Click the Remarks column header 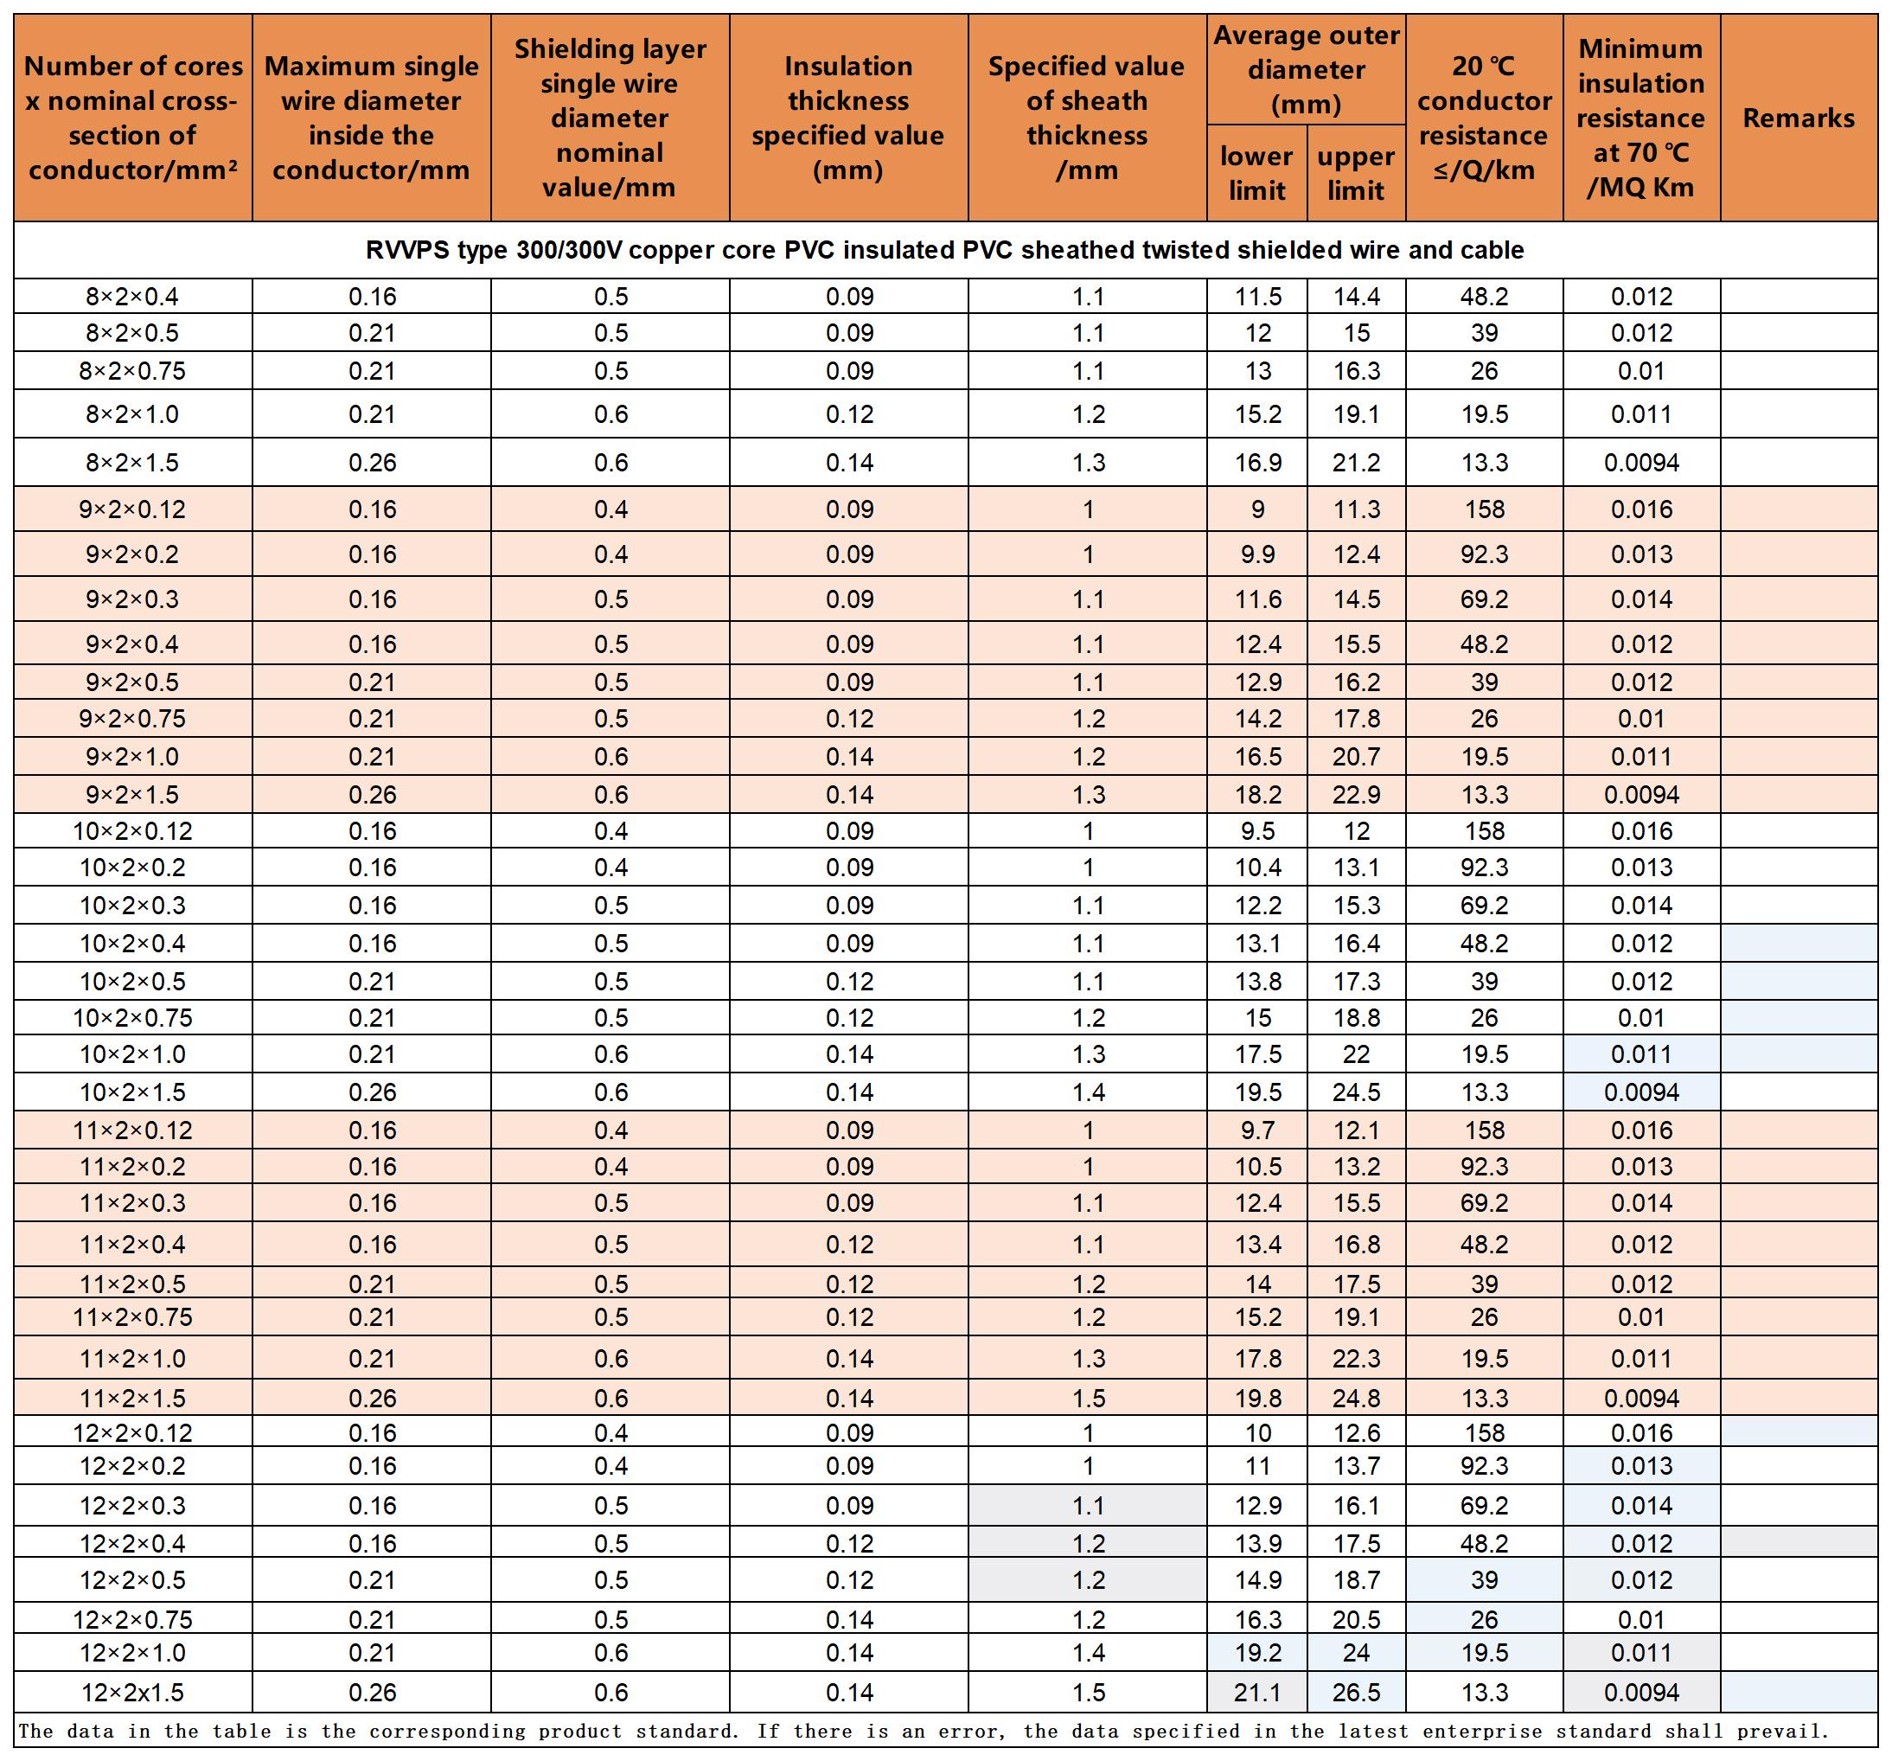[x=1798, y=118]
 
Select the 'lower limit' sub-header [x=1256, y=173]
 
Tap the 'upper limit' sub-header [x=1355, y=173]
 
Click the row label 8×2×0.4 [x=132, y=297]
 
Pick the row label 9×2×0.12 [x=132, y=509]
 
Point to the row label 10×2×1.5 [x=132, y=1092]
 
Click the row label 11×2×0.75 [x=132, y=1317]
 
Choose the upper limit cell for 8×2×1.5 [x=1356, y=463]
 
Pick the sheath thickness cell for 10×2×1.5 [x=1088, y=1092]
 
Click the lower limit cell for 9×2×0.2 [x=1257, y=554]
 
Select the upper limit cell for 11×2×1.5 [x=1356, y=1399]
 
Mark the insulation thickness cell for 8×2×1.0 [x=849, y=414]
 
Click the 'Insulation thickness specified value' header [x=848, y=118]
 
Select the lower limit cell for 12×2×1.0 [x=1257, y=1653]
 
